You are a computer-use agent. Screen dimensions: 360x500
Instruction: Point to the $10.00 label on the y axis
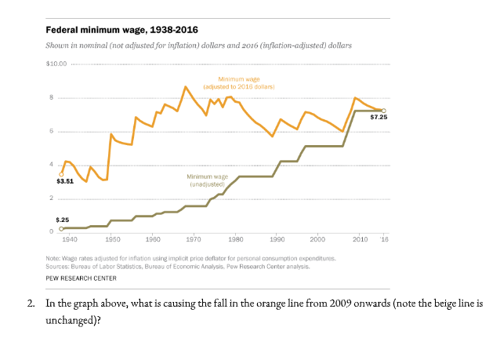click(56, 63)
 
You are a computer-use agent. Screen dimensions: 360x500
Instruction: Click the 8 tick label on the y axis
click(52, 97)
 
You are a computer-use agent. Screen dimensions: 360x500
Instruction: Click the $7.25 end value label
click(379, 117)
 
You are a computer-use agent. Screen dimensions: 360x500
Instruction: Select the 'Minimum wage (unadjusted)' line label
click(208, 180)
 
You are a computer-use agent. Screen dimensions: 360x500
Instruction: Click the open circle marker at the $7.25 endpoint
click(383, 111)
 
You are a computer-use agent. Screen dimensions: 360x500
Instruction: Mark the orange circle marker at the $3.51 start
click(61, 173)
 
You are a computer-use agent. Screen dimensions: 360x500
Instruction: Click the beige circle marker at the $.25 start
click(61, 228)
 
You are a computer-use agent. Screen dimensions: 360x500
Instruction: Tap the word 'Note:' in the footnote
click(53, 257)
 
